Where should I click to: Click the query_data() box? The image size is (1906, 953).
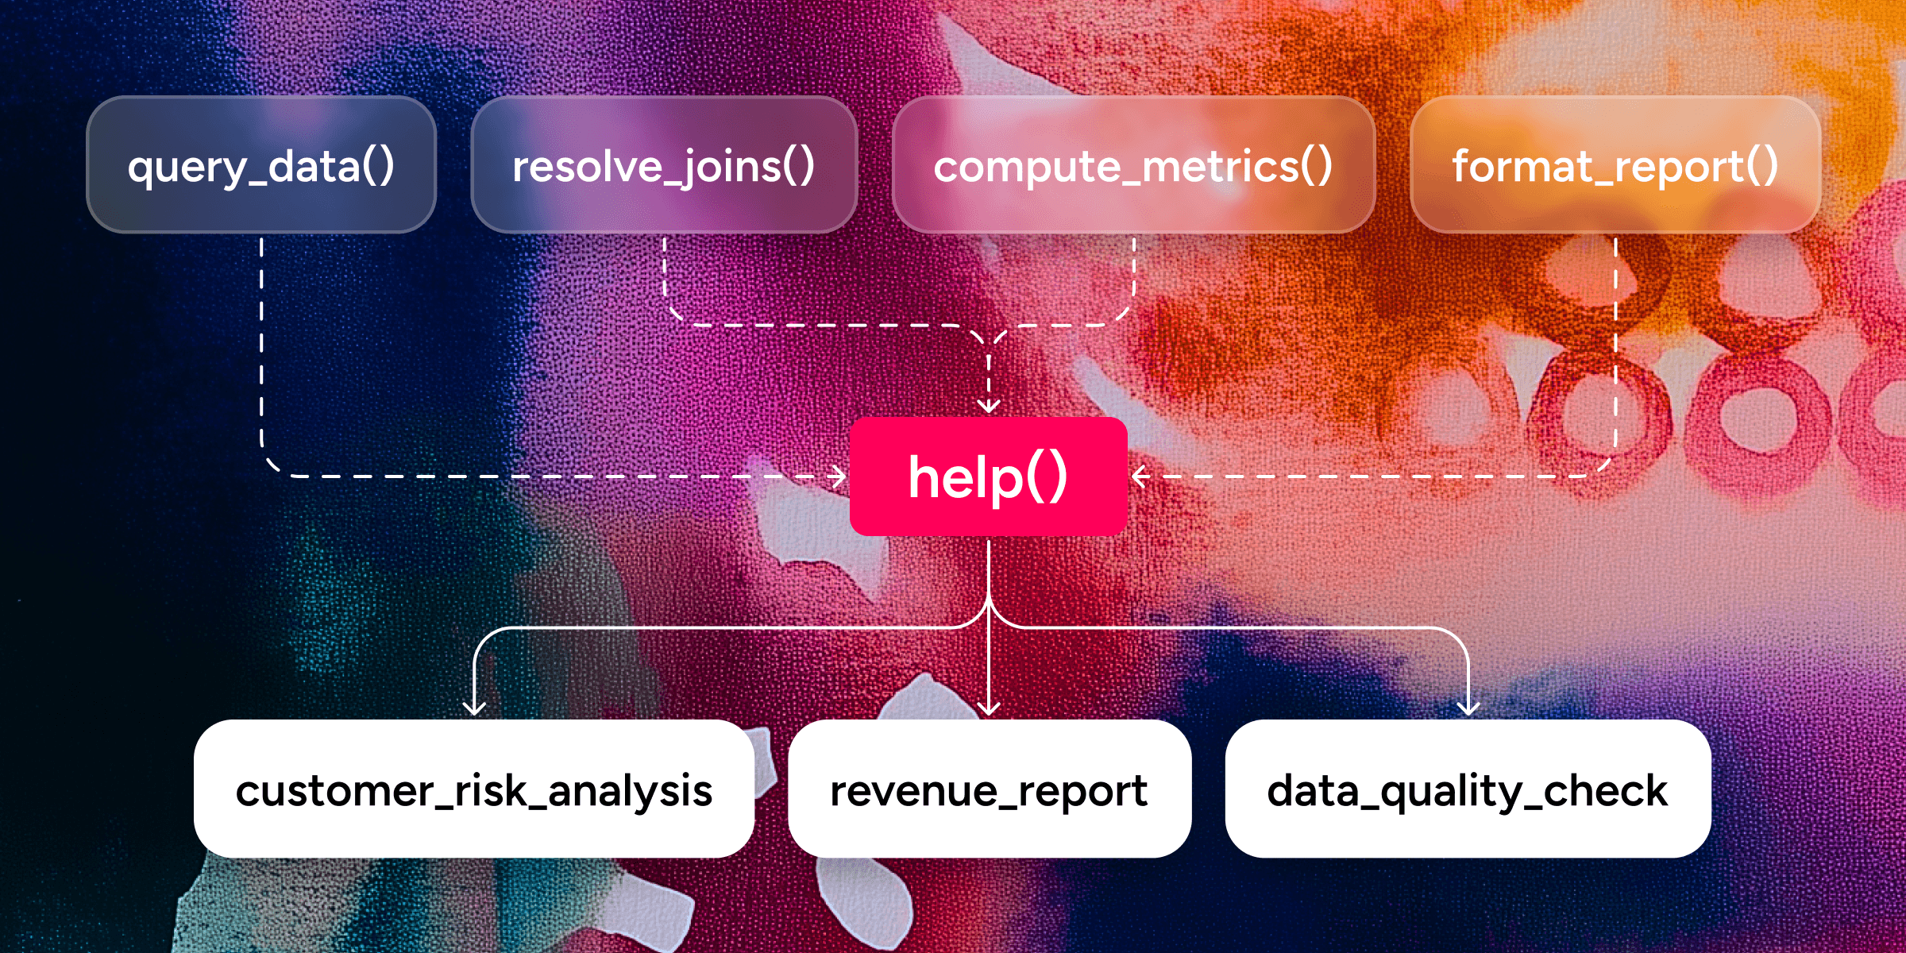[x=261, y=165]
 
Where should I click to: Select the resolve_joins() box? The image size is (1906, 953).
[x=664, y=165]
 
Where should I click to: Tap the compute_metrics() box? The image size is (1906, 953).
[x=1133, y=165]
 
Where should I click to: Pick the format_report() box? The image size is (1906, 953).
[x=1615, y=165]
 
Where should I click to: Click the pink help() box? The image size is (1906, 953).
[x=988, y=476]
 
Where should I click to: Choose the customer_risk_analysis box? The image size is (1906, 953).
[x=474, y=789]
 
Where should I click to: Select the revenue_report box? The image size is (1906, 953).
[x=989, y=789]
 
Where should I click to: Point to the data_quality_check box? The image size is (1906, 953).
[x=1468, y=789]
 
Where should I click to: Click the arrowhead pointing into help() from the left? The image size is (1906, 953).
[x=840, y=476]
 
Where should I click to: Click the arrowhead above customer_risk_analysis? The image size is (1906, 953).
[x=474, y=709]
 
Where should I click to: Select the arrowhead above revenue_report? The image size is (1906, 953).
[x=989, y=709]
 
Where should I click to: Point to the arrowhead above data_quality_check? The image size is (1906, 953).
[x=1468, y=709]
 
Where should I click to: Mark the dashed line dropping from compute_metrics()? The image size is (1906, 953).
[x=1133, y=270]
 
